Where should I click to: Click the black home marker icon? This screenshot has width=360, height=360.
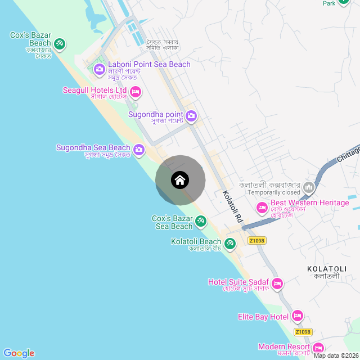[x=180, y=181]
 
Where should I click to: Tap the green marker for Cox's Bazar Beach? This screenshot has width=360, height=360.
[x=60, y=43]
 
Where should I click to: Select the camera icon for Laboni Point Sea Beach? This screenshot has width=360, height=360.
[x=100, y=69]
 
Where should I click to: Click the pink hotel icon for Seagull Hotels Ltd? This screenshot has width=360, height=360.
[x=135, y=91]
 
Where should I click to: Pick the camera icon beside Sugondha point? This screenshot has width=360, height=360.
[x=191, y=116]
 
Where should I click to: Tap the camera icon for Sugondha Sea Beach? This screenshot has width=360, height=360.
[x=139, y=150]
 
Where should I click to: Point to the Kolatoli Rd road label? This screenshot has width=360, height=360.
[x=232, y=208]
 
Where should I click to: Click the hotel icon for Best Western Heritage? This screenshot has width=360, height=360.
[x=262, y=208]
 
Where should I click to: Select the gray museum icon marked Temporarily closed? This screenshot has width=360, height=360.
[x=308, y=187]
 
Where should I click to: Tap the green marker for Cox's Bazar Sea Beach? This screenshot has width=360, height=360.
[x=201, y=223]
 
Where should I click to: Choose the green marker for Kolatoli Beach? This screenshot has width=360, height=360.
[x=229, y=244]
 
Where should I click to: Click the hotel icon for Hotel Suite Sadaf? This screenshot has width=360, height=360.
[x=277, y=283]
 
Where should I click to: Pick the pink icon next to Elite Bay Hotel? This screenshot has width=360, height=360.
[x=298, y=317]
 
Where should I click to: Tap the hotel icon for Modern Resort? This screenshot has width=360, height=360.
[x=318, y=348]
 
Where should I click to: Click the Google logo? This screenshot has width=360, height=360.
[x=19, y=353]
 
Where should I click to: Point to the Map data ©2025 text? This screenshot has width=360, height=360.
[x=335, y=355]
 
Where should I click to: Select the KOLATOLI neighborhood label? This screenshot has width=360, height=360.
[x=324, y=269]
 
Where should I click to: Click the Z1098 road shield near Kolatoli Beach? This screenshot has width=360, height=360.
[x=256, y=241]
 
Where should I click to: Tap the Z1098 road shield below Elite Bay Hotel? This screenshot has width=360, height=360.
[x=303, y=332]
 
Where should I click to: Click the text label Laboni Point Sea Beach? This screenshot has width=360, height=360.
[x=149, y=65]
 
